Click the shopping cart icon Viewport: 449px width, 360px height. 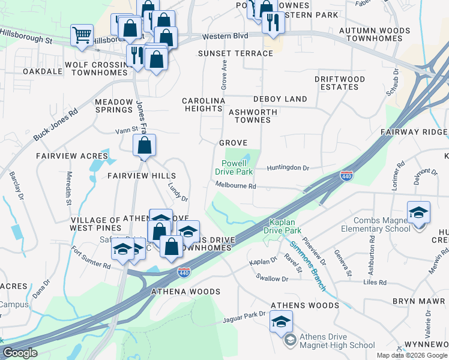pyautogui.click(x=82, y=34)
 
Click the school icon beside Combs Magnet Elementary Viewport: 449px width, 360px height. pyautogui.click(x=418, y=213)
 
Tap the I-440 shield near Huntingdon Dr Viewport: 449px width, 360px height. pyautogui.click(x=346, y=176)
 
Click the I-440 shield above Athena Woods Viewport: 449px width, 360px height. pyautogui.click(x=184, y=274)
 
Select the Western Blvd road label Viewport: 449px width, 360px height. pyautogui.click(x=225, y=37)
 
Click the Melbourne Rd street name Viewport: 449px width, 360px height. pyautogui.click(x=236, y=186)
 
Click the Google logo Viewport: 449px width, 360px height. pyautogui.click(x=20, y=353)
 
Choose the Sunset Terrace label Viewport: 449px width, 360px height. pyautogui.click(x=236, y=53)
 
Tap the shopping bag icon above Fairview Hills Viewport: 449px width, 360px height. pyautogui.click(x=145, y=145)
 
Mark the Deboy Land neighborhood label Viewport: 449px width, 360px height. pyautogui.click(x=280, y=99)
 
